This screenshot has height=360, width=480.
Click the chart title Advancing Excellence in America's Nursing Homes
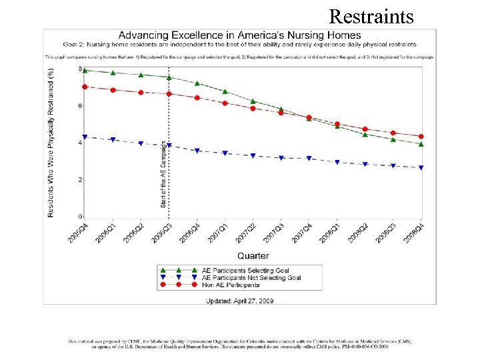pos(239,35)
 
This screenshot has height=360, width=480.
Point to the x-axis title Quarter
pos(253,255)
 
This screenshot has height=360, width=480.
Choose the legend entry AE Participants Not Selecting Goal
pos(252,277)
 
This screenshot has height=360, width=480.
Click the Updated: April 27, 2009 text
pos(239,301)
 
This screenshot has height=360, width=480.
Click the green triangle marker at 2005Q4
pos(85,70)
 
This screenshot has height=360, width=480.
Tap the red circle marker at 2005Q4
pos(85,87)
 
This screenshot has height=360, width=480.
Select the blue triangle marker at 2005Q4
pos(85,137)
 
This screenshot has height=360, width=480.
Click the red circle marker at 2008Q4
pos(421,137)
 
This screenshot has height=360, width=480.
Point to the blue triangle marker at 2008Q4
pos(421,168)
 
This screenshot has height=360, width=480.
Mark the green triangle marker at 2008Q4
pos(421,144)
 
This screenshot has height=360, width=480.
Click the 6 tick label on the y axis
pos(80,106)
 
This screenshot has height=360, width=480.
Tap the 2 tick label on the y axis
pos(80,180)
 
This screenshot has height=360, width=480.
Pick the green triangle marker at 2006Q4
pos(197,83)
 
